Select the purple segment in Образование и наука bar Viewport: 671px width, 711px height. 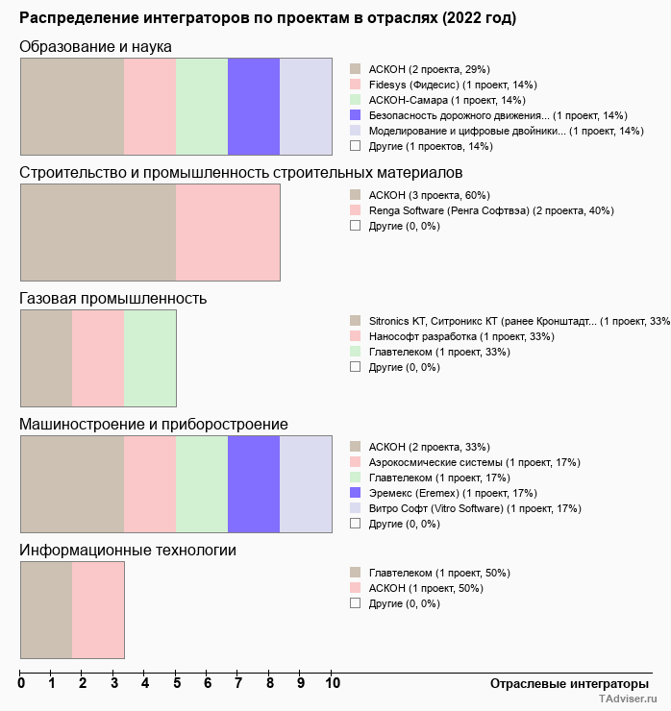coord(254,106)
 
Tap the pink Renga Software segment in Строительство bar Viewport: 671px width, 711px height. coord(228,233)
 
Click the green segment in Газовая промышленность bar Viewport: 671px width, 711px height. coord(150,358)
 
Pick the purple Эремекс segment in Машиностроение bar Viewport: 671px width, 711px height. coord(254,483)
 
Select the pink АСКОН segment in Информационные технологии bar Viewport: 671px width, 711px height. coord(98,609)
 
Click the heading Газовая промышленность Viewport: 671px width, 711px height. coord(113,298)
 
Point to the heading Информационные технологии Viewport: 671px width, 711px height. coord(128,550)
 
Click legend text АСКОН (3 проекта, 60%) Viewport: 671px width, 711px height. coord(429,195)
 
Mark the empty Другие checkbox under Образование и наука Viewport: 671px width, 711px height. coord(355,146)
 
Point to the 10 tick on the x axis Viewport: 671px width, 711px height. coord(332,683)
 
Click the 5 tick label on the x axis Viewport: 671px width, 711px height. coord(176,683)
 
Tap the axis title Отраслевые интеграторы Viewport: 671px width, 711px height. coord(563,683)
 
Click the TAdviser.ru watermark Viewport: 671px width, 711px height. coord(628,700)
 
